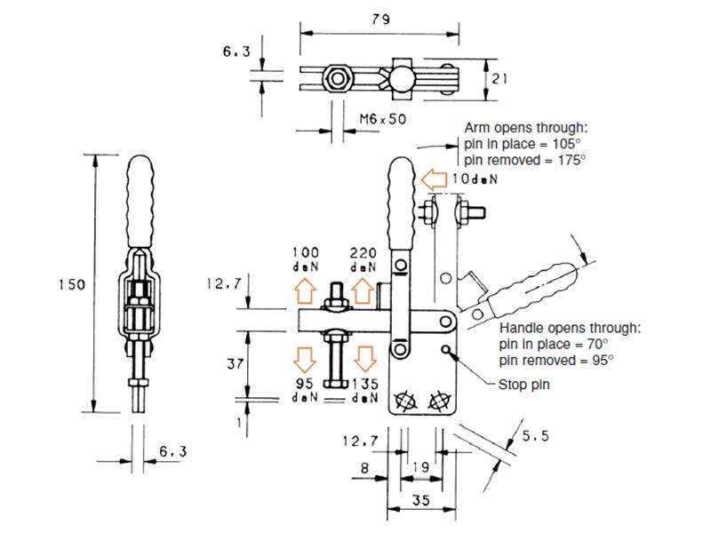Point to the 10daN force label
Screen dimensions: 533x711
click(475, 180)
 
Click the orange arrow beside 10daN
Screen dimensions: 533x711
click(434, 180)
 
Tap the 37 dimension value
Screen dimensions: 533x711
click(231, 362)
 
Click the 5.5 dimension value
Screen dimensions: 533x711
click(535, 435)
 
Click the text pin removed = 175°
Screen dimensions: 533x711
click(524, 159)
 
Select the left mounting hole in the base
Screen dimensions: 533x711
click(404, 401)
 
